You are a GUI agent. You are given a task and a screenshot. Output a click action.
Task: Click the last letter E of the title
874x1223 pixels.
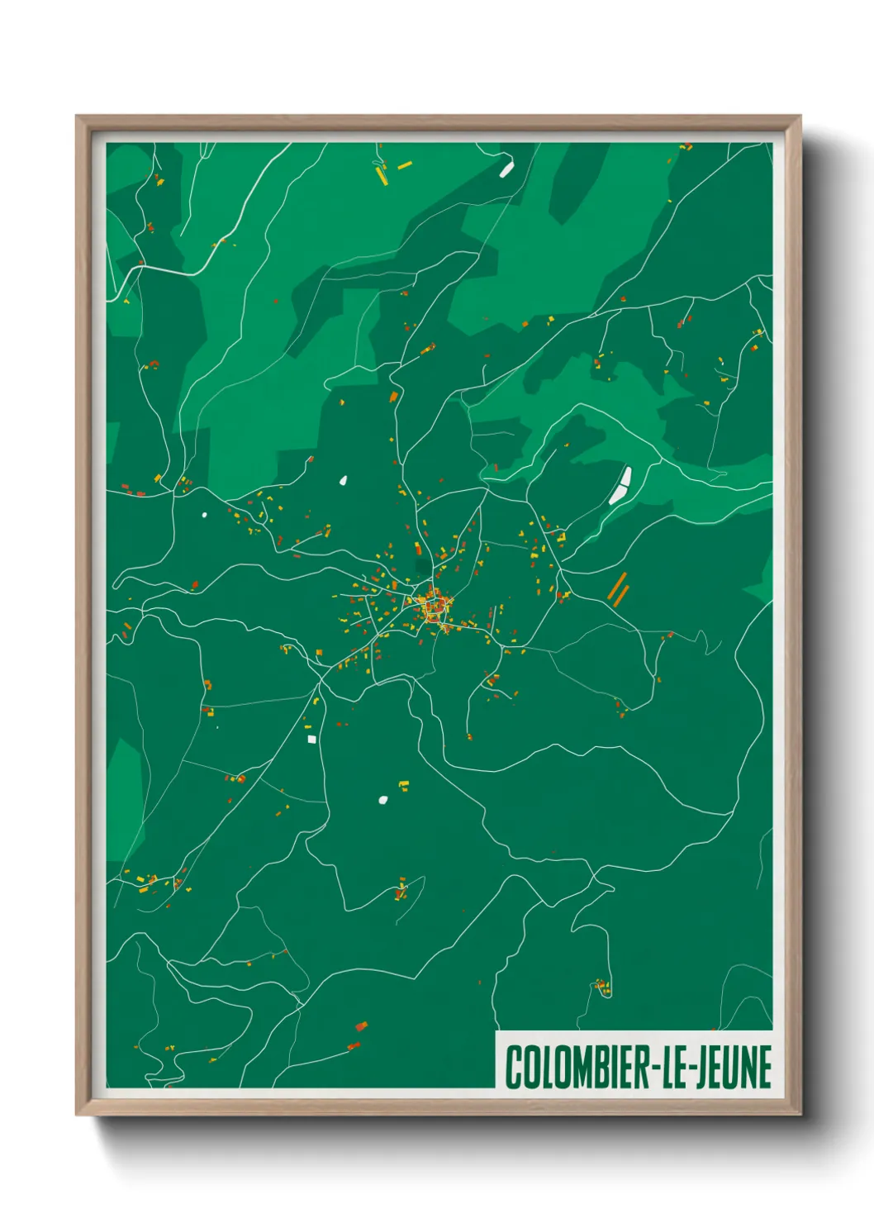click(x=764, y=1067)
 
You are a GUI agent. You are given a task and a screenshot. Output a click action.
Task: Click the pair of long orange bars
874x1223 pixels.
click(x=617, y=587)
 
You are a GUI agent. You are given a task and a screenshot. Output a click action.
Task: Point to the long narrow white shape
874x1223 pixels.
click(x=620, y=486)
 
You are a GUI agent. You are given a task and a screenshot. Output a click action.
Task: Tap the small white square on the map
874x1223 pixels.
click(x=311, y=739)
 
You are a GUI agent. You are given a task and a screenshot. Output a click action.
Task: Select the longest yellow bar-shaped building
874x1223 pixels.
click(x=381, y=175)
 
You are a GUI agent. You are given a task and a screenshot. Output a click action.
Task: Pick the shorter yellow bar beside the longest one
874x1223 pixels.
click(x=404, y=166)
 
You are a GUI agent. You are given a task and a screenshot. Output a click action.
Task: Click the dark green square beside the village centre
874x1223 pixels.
click(x=422, y=566)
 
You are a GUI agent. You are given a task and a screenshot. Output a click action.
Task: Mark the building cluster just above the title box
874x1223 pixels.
click(x=602, y=986)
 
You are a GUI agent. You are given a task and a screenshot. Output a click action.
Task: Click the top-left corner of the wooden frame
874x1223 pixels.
click(x=78, y=117)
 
